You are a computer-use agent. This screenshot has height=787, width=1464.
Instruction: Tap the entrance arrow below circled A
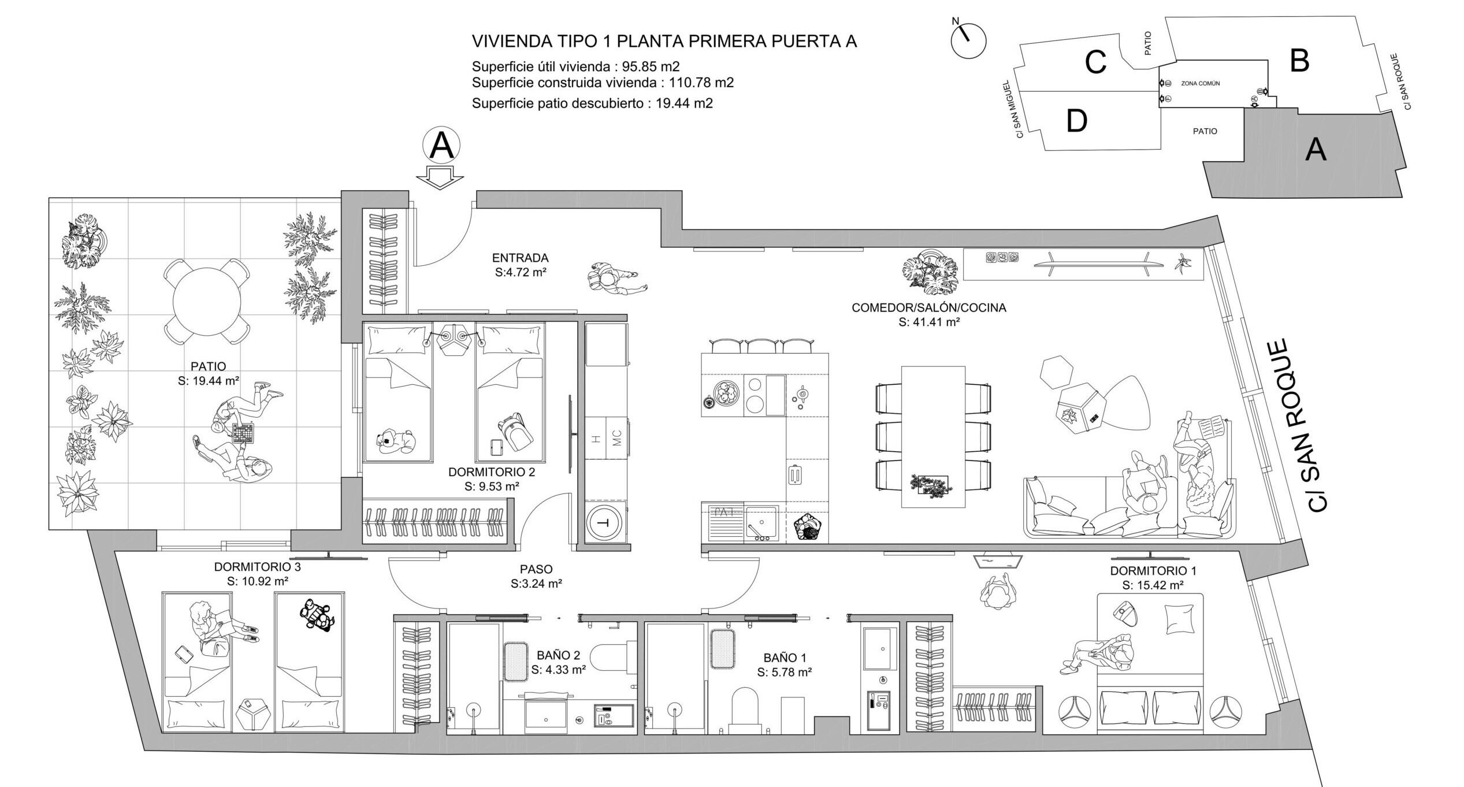coord(441,177)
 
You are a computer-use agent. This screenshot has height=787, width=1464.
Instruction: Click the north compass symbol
coord(968,40)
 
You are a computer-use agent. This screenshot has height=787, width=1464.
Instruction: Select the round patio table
coord(207,301)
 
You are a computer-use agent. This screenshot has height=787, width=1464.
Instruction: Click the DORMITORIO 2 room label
coord(491,472)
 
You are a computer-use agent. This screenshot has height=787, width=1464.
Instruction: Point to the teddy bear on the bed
coord(396,440)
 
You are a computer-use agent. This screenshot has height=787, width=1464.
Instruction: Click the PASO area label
coord(536,570)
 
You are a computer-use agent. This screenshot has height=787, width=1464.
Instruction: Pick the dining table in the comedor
coord(933,437)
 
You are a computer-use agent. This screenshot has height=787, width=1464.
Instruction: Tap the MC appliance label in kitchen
coord(616,439)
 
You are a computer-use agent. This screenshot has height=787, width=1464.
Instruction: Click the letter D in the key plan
coord(1076,121)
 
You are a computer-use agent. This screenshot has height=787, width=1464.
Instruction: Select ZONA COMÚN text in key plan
coord(1200,84)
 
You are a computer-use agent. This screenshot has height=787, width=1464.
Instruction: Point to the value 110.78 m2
coord(701,83)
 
